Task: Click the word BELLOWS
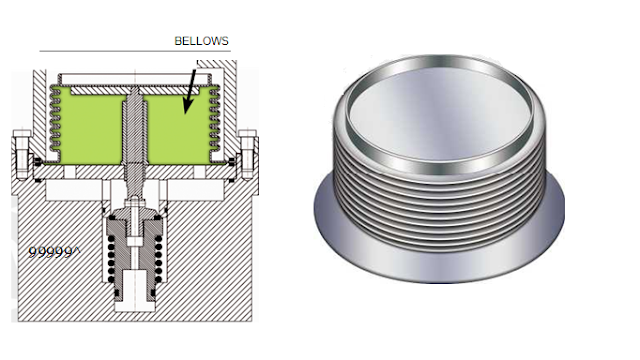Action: tap(202, 42)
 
